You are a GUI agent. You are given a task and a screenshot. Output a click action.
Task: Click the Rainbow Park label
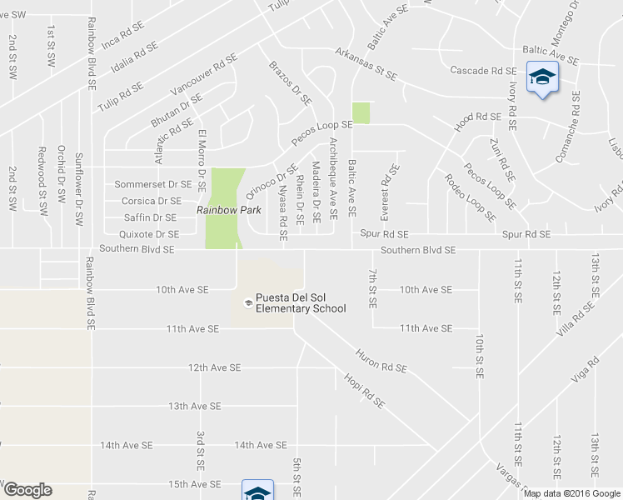tap(224, 211)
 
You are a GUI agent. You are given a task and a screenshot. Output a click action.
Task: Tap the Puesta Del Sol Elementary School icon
tap(247, 302)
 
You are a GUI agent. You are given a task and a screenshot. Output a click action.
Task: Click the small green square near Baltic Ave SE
tap(360, 112)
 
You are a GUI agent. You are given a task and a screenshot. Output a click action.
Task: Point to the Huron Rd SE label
tap(381, 360)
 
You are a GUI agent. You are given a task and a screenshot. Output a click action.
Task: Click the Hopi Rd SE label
tap(364, 389)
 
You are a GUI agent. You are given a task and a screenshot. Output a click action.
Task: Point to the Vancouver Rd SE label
tap(203, 76)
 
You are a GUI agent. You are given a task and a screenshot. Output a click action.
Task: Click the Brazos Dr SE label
tap(289, 82)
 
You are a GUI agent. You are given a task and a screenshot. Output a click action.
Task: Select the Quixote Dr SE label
tap(150, 234)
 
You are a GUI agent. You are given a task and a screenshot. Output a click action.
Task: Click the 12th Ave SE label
tap(214, 367)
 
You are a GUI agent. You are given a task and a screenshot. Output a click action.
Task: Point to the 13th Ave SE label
tap(194, 406)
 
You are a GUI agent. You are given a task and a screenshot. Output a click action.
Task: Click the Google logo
tap(27, 490)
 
